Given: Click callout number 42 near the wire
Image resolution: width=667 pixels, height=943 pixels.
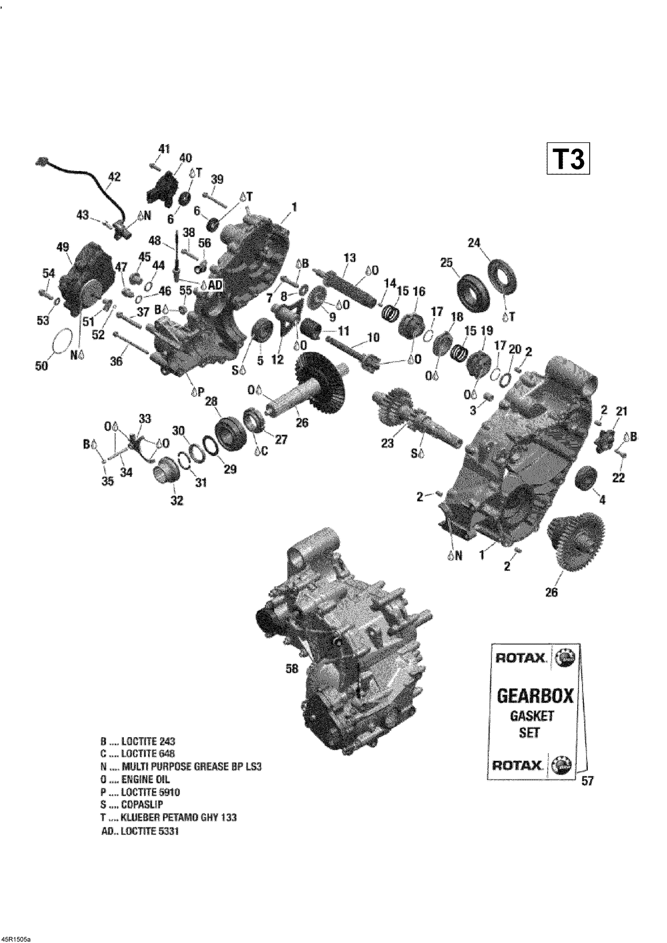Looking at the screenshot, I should pos(114,177).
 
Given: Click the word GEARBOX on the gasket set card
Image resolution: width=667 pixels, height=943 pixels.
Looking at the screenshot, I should pos(534,696).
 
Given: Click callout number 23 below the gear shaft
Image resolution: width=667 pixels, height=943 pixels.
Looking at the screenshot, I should pos(387,443).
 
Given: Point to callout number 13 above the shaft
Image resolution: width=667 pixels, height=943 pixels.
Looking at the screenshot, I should pos(350,257).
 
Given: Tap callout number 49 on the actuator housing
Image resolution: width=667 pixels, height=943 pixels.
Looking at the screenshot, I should pos(63,247).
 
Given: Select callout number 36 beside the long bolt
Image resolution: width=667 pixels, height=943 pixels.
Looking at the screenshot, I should pos(116,361).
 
